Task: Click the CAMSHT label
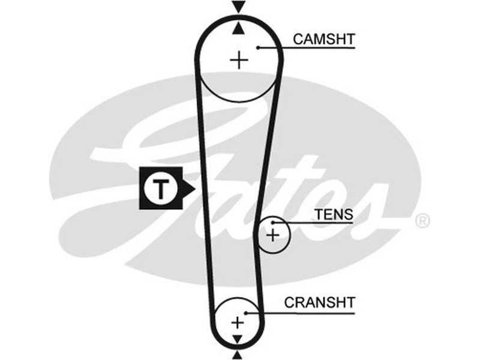pyautogui.click(x=323, y=40)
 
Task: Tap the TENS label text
pyautogui.click(x=335, y=214)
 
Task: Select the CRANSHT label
pyautogui.click(x=319, y=302)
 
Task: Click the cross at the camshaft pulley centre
pyautogui.click(x=239, y=60)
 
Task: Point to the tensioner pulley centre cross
pyautogui.click(x=273, y=234)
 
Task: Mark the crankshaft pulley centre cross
pyautogui.click(x=238, y=322)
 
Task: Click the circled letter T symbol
pyautogui.click(x=160, y=189)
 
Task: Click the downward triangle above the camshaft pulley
pyautogui.click(x=239, y=7)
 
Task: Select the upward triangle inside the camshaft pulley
pyautogui.click(x=239, y=28)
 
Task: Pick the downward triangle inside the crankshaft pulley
pyautogui.click(x=238, y=340)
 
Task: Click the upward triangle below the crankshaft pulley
pyautogui.click(x=238, y=355)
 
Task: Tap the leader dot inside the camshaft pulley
pyautogui.click(x=257, y=47)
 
